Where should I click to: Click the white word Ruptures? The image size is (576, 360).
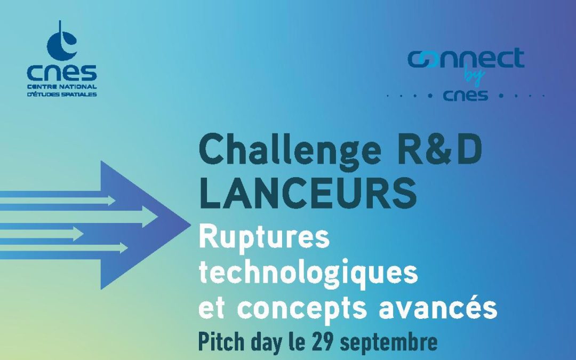click(x=264, y=237)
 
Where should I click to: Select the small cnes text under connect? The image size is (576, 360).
click(x=465, y=96)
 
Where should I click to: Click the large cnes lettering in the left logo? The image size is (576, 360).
click(x=62, y=72)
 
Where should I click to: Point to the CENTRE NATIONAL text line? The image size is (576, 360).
click(x=62, y=86)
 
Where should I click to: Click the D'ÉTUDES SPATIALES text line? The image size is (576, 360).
click(x=62, y=94)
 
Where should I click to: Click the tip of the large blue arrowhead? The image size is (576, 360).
click(x=188, y=220)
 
